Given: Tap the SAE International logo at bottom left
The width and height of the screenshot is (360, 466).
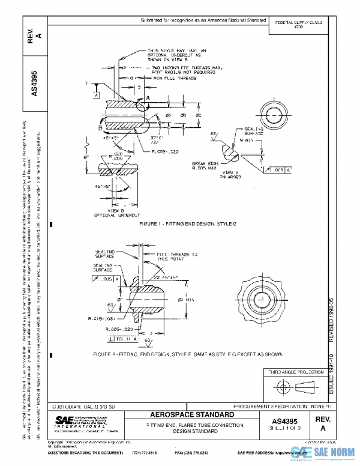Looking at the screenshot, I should point(78,422).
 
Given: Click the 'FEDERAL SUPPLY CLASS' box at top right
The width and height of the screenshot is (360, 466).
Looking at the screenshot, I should point(298,25).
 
